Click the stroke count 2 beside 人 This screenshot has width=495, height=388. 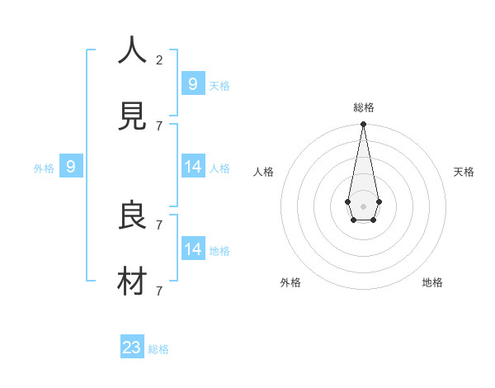coord(159,59)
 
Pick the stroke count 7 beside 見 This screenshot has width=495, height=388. coord(159,125)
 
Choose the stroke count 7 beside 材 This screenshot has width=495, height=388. coord(159,291)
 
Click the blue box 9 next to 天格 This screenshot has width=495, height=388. coord(193,83)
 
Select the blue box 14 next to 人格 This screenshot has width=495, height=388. coord(193,166)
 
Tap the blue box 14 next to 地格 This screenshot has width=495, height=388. coord(193,248)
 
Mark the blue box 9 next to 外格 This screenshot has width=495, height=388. coord(71,166)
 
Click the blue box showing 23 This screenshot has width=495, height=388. coord(132,348)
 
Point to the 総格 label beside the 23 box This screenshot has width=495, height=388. coord(158,349)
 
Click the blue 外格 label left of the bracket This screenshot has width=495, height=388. coord(44,168)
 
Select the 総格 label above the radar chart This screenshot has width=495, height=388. coord(363,107)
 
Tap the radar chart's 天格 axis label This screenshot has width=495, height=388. coord(464,172)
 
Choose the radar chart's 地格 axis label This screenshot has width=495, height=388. coord(432,282)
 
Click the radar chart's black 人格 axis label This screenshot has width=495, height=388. coord(264,172)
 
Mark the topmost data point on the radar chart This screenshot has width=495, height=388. coord(363,124)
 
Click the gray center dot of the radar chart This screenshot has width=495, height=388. coord(363,206)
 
